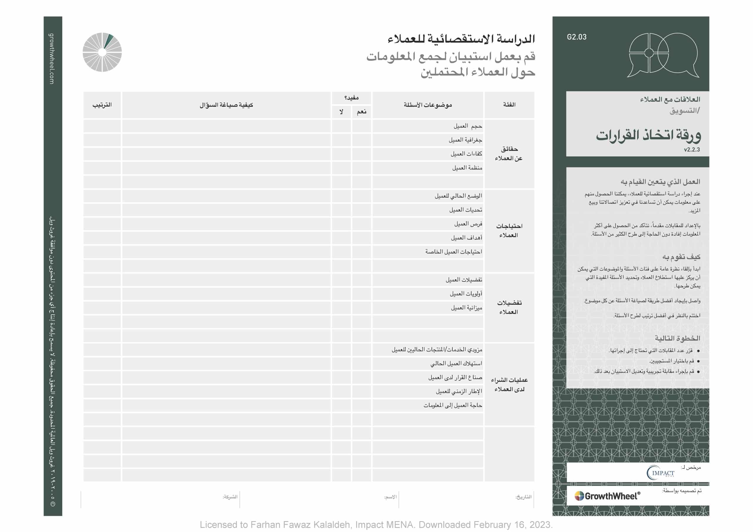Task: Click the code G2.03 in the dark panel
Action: pos(576,37)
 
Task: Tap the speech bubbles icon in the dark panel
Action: pos(663,55)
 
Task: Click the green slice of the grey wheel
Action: pos(109,41)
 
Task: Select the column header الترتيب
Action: pos(102,105)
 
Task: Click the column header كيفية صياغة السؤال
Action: pos(226,105)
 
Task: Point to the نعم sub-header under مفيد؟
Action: pos(361,112)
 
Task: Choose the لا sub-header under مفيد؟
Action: pos(341,112)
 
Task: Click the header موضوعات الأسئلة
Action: pos(428,105)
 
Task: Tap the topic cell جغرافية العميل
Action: pos(465,140)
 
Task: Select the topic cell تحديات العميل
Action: pos(465,210)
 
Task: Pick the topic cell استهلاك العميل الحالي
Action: pos(456,363)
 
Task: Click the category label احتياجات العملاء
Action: pos(509,231)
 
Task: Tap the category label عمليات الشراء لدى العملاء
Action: pos(509,384)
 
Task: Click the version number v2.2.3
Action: pos(692,150)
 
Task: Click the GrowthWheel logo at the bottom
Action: pos(607,496)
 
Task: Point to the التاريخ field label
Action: pos(524,497)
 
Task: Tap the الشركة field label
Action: pos(230,497)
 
